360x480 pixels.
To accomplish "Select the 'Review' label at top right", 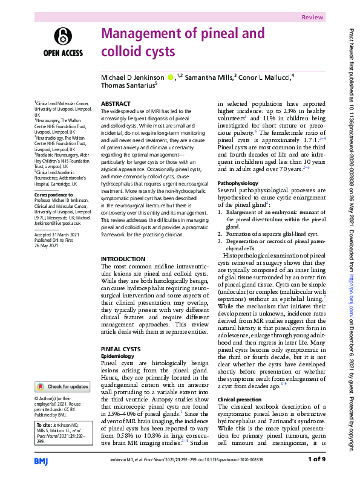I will click(x=329, y=18).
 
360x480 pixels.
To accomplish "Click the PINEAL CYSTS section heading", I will click(x=120, y=349).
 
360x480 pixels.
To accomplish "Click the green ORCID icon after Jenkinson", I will click(x=171, y=77).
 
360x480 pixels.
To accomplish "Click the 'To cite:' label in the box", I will click(x=44, y=424).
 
